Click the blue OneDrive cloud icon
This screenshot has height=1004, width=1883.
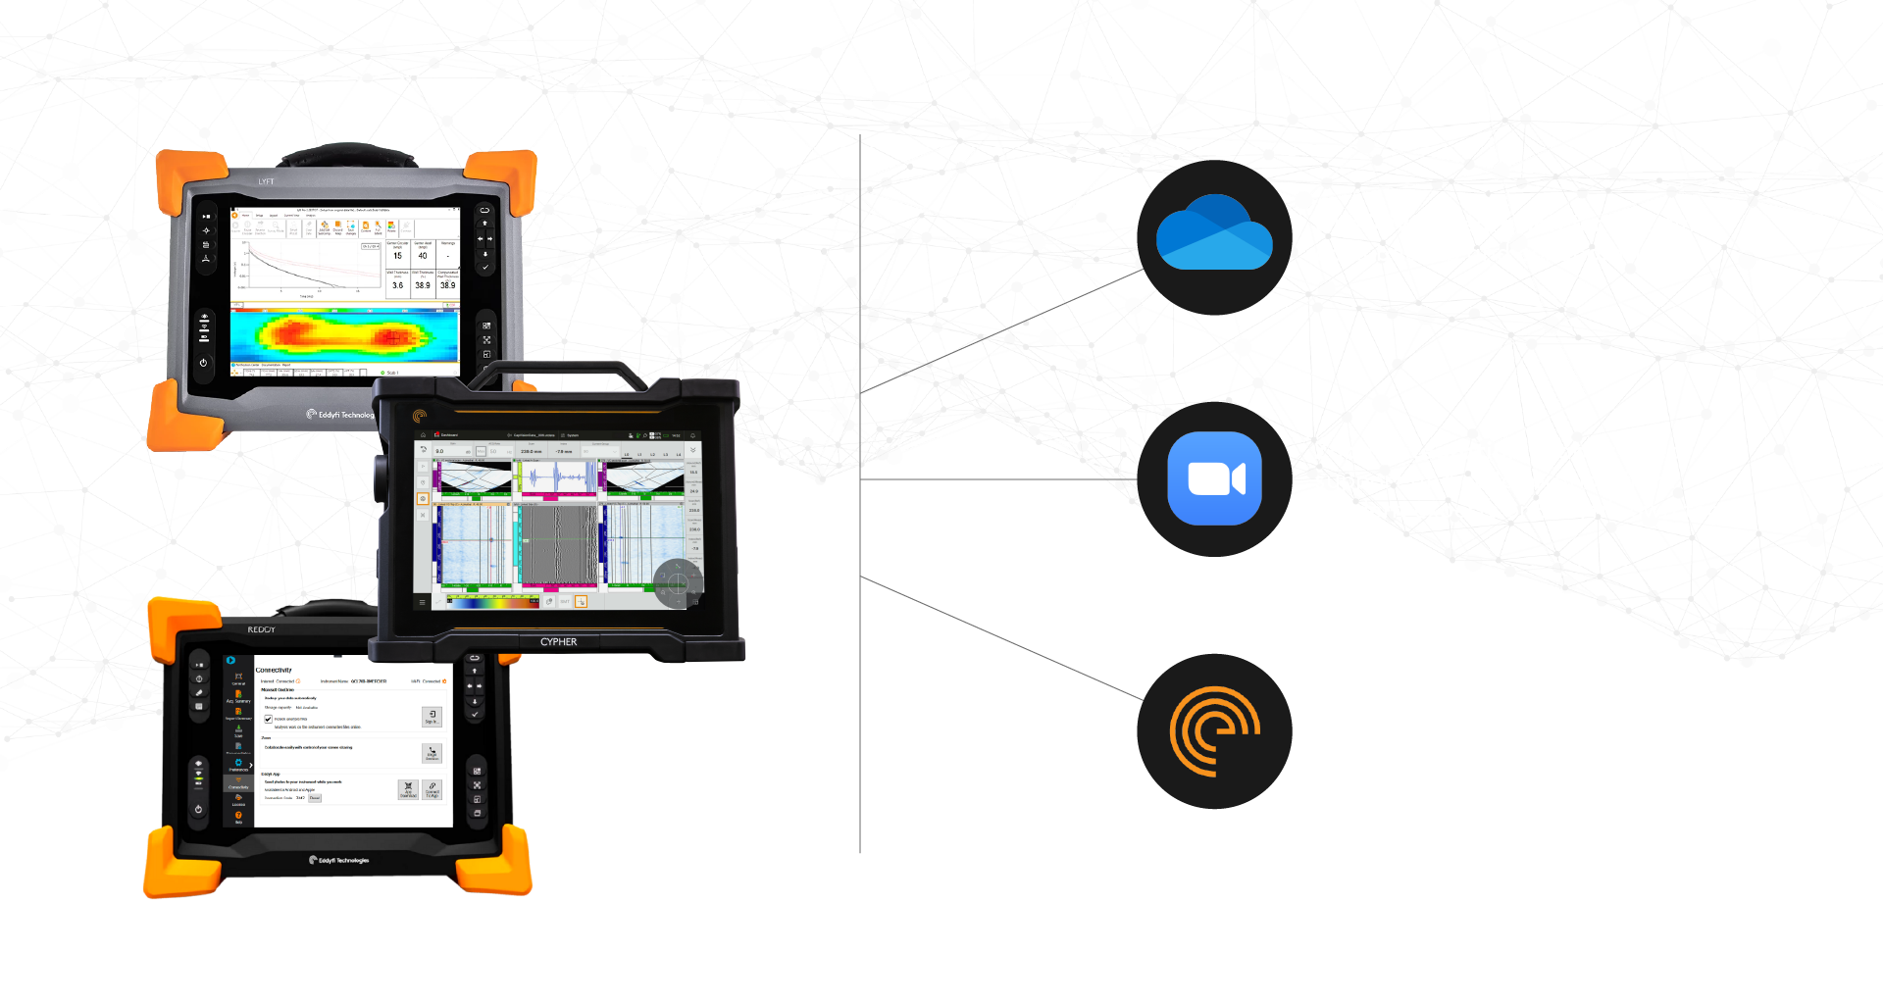[1214, 234]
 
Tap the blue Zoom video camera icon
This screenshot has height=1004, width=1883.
[1214, 478]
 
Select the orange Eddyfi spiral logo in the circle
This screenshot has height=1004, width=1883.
[1213, 730]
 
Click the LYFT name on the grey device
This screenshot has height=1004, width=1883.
[267, 181]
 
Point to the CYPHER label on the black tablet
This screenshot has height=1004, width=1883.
[558, 642]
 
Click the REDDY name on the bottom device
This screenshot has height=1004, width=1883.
[261, 629]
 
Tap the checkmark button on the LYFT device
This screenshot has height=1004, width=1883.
[484, 267]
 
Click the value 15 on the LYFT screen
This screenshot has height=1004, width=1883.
[397, 255]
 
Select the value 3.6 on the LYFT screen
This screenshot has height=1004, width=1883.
[397, 285]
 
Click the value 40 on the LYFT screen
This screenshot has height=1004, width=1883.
[423, 255]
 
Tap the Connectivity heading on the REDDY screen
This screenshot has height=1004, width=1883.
[274, 670]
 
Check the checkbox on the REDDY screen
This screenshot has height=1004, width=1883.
[268, 719]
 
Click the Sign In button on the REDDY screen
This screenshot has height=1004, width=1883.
[432, 717]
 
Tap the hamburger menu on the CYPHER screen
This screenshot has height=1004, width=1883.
[423, 602]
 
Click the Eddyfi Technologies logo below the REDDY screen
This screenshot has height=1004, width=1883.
[339, 860]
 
